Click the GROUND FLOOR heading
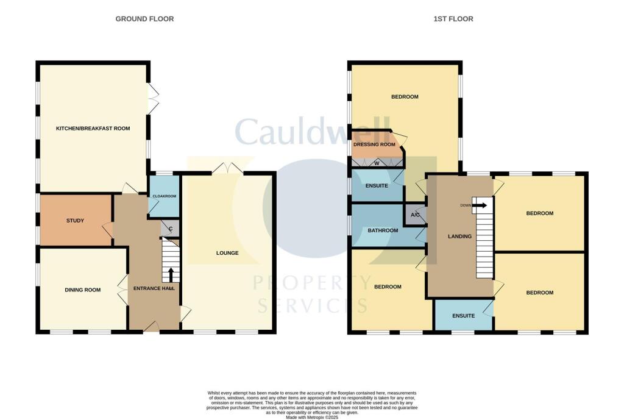pyautogui.click(x=144, y=19)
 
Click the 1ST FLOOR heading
pyautogui.click(x=453, y=19)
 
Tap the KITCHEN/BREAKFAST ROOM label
pyautogui.click(x=93, y=129)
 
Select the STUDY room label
pyautogui.click(x=74, y=221)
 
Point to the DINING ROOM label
pyautogui.click(x=82, y=290)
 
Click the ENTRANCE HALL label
pyautogui.click(x=154, y=288)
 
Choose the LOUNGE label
pyautogui.click(x=227, y=252)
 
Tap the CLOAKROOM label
pyautogui.click(x=164, y=196)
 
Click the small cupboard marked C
pyautogui.click(x=171, y=229)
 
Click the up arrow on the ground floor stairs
pyautogui.click(x=171, y=274)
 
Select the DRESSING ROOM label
pyautogui.click(x=375, y=144)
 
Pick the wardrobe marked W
pyautogui.click(x=377, y=163)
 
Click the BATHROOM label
pyautogui.click(x=383, y=230)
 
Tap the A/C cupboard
pyautogui.click(x=416, y=215)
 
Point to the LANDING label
pyautogui.click(x=459, y=237)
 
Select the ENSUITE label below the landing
pyautogui.click(x=463, y=316)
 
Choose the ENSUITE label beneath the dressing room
pyautogui.click(x=376, y=185)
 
